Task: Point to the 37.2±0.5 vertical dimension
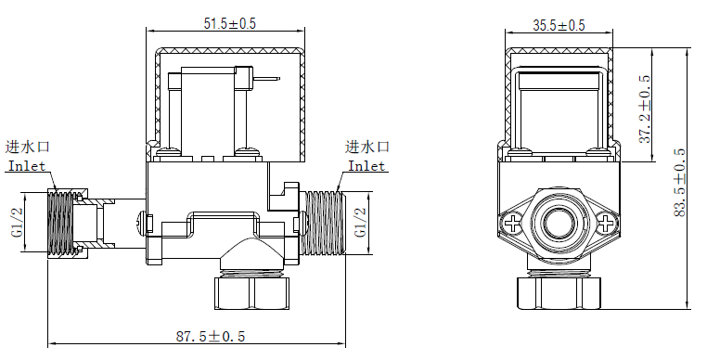pyautogui.click(x=644, y=109)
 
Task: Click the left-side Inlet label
pyautogui.click(x=26, y=166)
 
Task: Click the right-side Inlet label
pyautogui.click(x=366, y=166)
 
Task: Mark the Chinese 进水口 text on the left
pyautogui.click(x=28, y=147)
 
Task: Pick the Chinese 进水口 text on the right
pyautogui.click(x=367, y=147)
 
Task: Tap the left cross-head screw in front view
pyautogui.click(x=515, y=224)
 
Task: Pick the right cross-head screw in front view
pyautogui.click(x=605, y=224)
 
